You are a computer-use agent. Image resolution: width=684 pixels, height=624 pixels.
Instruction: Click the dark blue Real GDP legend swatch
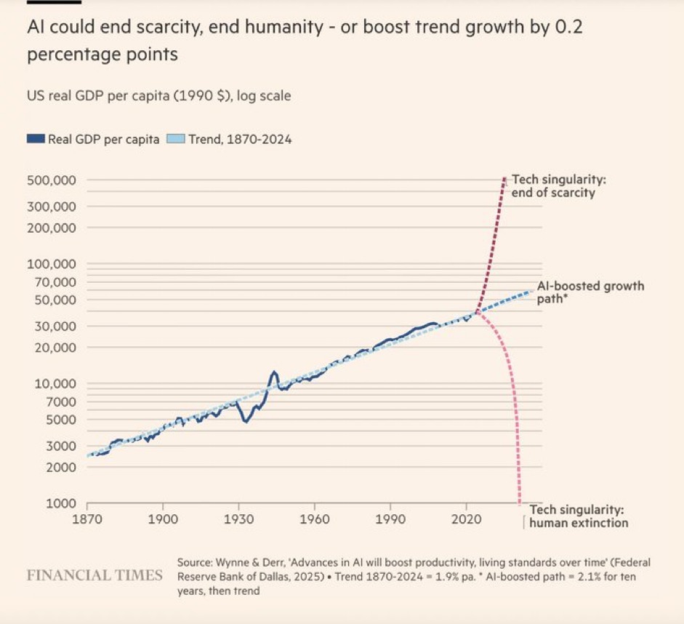[x=36, y=138]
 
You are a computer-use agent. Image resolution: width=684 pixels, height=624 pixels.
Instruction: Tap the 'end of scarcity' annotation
[x=553, y=193]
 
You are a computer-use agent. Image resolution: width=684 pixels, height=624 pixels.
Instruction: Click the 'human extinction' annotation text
[x=579, y=522]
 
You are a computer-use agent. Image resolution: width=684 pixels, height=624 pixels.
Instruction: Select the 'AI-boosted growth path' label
[x=590, y=292]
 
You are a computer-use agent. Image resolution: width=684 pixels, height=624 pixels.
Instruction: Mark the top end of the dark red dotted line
[x=504, y=178]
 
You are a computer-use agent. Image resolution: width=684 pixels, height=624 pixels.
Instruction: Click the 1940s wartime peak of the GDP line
[x=274, y=372]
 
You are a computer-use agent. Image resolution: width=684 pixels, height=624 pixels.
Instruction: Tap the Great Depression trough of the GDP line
[x=246, y=421]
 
